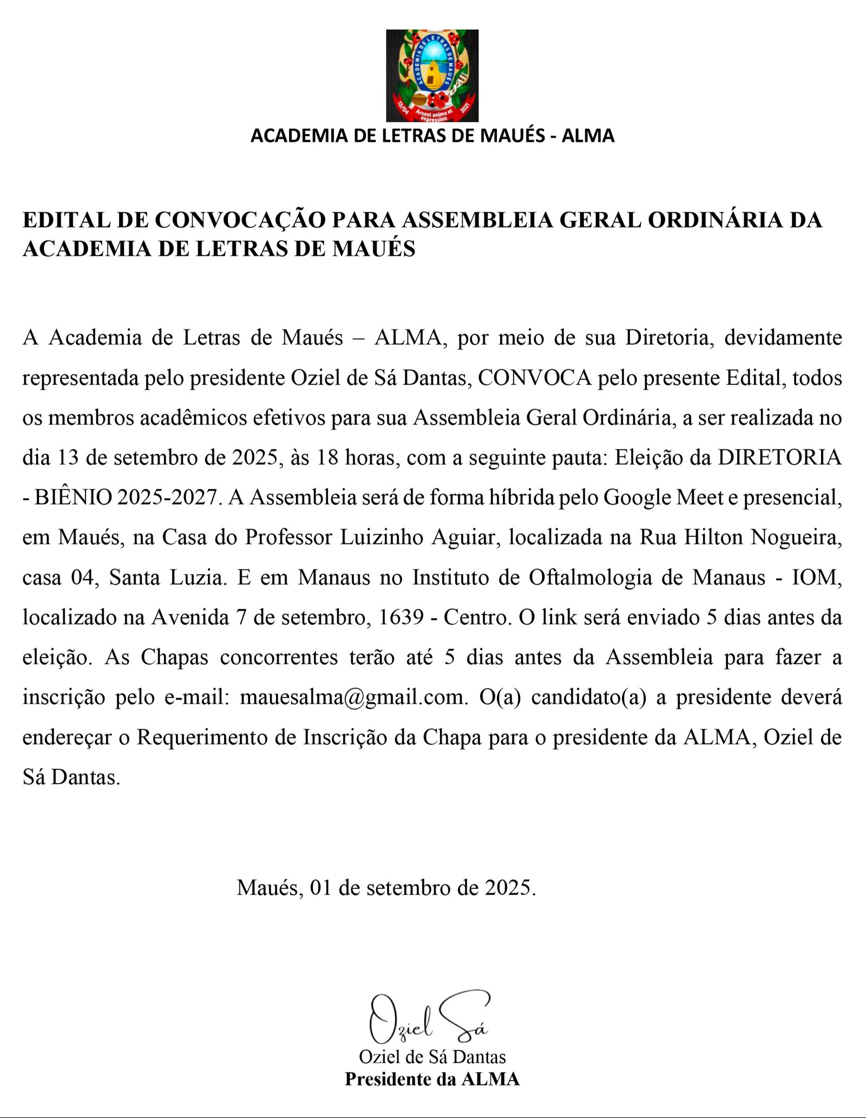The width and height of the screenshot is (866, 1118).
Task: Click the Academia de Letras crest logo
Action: [x=432, y=76]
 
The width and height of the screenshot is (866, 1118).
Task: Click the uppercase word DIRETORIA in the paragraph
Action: [x=780, y=458]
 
